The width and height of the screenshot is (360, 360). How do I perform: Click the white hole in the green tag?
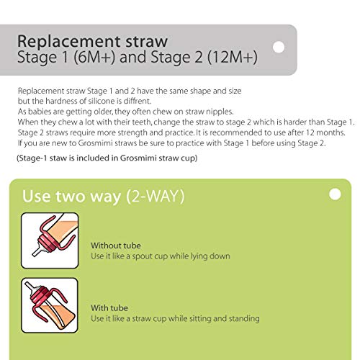pyautogui.click(x=334, y=194)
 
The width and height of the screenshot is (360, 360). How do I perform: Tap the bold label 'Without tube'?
pyautogui.click(x=114, y=246)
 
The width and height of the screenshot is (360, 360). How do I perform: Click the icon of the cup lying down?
pyautogui.click(x=50, y=240)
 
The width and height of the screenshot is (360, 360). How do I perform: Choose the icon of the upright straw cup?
pyautogui.click(x=50, y=305)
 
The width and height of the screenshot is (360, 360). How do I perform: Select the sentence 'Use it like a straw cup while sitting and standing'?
pyautogui.click(x=175, y=318)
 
